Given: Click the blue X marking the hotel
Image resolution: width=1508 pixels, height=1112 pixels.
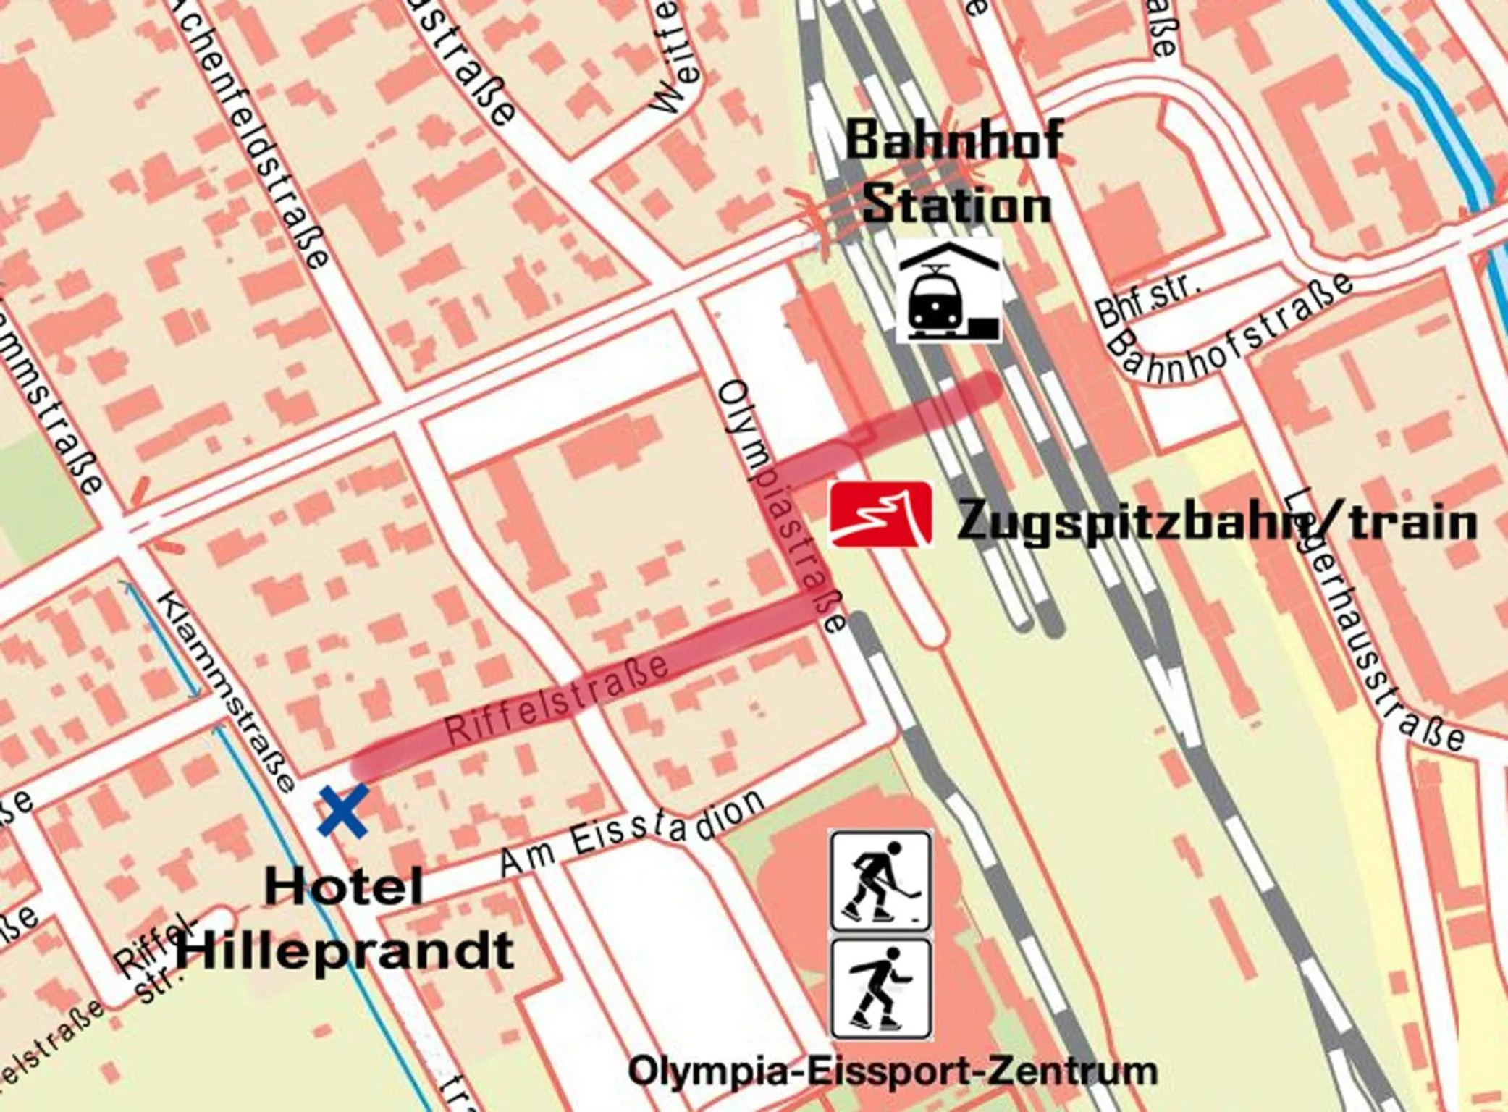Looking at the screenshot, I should click(342, 812).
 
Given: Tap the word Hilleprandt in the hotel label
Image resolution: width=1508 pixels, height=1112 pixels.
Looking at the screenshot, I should click(345, 950).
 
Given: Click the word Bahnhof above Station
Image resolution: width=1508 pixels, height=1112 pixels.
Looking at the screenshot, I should click(954, 140).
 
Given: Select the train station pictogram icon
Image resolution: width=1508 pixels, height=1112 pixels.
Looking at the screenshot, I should click(949, 290).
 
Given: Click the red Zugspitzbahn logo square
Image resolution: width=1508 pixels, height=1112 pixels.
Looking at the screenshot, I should click(880, 515).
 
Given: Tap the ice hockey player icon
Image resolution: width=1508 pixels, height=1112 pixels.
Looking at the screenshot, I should click(880, 881).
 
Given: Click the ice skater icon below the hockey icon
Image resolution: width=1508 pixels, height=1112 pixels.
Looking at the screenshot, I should click(880, 989).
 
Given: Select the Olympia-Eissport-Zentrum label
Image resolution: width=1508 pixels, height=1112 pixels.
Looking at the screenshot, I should click(892, 1071).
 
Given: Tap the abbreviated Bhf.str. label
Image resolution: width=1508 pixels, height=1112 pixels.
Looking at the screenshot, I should click(1147, 300).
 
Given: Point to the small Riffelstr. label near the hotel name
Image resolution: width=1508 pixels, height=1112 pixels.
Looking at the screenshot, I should click(153, 959).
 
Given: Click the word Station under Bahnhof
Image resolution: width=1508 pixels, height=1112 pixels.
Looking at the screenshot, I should click(956, 205).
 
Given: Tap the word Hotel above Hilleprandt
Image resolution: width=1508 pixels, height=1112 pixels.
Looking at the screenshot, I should click(343, 888).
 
